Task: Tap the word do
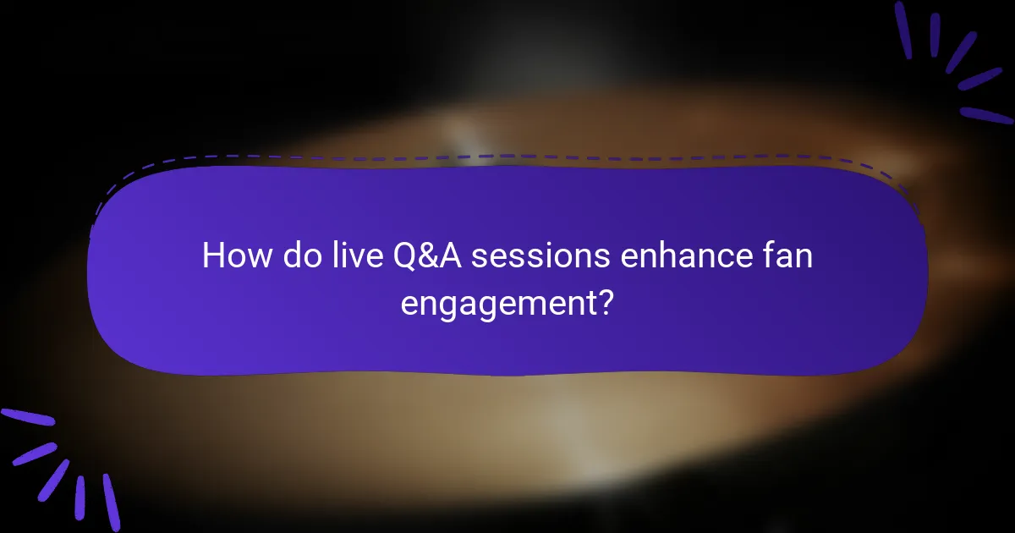click(296, 256)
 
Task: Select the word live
click(348, 256)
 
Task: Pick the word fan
click(789, 256)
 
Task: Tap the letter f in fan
click(771, 255)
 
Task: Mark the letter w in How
click(257, 257)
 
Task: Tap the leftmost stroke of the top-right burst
click(903, 30)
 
